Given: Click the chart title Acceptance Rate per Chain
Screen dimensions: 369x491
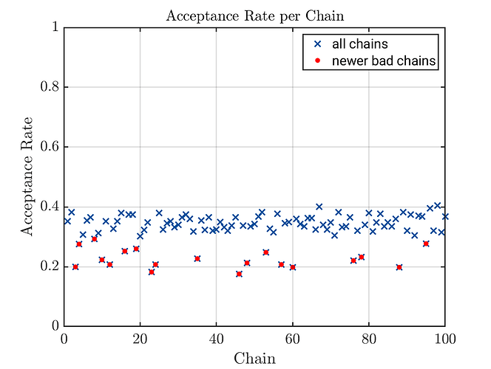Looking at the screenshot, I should (254, 15).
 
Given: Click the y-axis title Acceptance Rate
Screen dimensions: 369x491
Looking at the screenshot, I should (27, 176).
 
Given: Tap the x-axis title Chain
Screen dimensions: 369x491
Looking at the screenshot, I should (254, 359).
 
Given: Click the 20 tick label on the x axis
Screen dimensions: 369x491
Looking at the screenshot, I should (140, 338).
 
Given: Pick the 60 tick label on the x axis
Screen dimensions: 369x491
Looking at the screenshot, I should (293, 338).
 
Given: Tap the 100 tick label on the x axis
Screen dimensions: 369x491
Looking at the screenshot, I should (444, 338).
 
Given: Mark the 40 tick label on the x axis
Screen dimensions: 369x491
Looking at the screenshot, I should (217, 338).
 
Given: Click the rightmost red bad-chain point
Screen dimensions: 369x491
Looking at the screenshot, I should (426, 244).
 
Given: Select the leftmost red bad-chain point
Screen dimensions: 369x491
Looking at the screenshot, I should (75, 266).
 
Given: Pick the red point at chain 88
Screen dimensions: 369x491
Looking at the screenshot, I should (399, 267).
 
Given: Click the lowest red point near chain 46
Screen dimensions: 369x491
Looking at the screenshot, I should (239, 274).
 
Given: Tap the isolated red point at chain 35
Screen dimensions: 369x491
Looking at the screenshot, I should (197, 258).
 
